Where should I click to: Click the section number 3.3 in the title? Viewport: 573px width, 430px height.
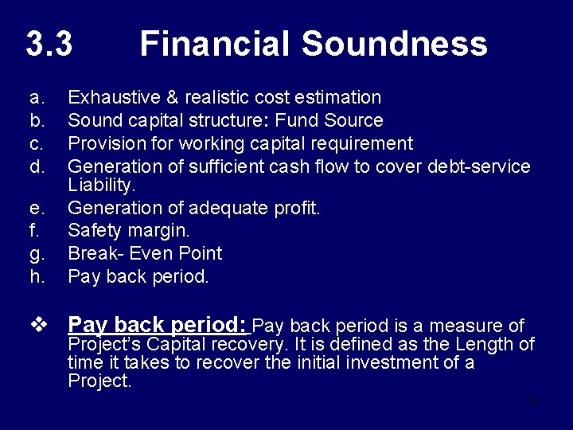(49, 44)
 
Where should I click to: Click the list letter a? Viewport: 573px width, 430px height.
(35, 98)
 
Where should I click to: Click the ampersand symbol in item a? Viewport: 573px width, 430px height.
(173, 98)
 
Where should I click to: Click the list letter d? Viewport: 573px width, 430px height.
(36, 167)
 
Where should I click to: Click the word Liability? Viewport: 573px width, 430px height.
(102, 185)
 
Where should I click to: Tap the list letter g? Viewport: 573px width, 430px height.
(36, 254)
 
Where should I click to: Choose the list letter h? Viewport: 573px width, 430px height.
(36, 277)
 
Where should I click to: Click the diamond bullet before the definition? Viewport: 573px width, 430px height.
(37, 325)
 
